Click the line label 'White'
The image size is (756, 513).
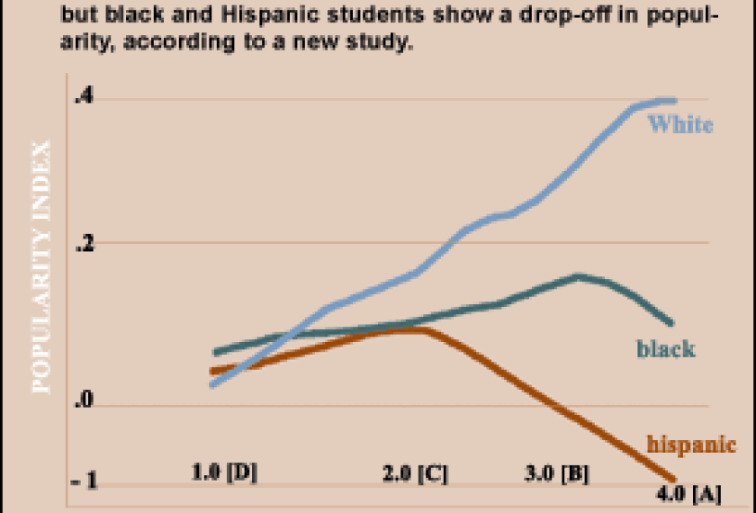pyautogui.click(x=680, y=125)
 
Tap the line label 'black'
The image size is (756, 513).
pyautogui.click(x=666, y=348)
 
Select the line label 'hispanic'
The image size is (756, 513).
pyautogui.click(x=691, y=444)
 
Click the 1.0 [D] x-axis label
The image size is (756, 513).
pyautogui.click(x=224, y=471)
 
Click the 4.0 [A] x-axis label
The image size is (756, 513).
pyautogui.click(x=688, y=495)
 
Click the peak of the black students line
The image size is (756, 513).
pyautogui.click(x=577, y=276)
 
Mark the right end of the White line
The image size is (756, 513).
pyautogui.click(x=673, y=101)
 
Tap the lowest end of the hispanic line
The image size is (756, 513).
pyautogui.click(x=672, y=478)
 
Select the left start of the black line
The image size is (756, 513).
pyautogui.click(x=215, y=353)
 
